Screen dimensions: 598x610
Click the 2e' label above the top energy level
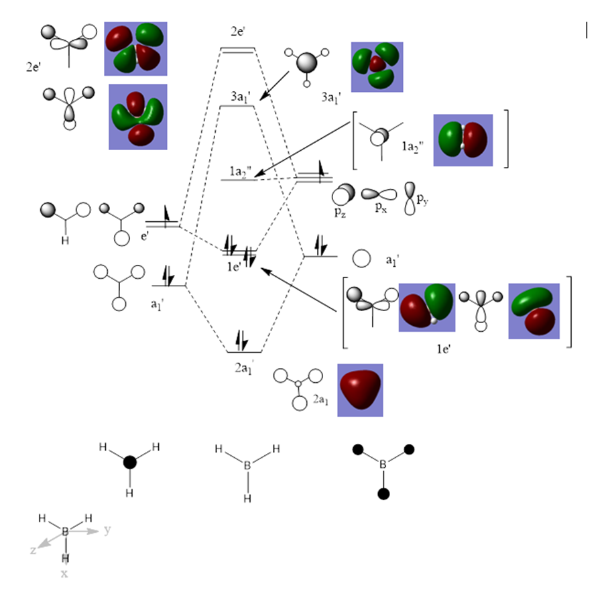[x=237, y=32]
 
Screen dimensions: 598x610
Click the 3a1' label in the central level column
[x=240, y=97]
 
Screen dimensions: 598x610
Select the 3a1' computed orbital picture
[x=377, y=67]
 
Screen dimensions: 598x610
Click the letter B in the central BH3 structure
[x=247, y=463]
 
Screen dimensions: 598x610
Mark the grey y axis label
[x=107, y=530]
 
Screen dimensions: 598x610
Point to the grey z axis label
[x=32, y=549]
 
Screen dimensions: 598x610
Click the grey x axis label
[x=65, y=574]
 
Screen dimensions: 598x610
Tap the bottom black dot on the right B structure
[x=383, y=494]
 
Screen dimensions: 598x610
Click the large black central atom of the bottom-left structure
[x=129, y=463]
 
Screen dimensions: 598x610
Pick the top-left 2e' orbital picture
[x=135, y=49]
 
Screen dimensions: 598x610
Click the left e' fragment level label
[x=143, y=237]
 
